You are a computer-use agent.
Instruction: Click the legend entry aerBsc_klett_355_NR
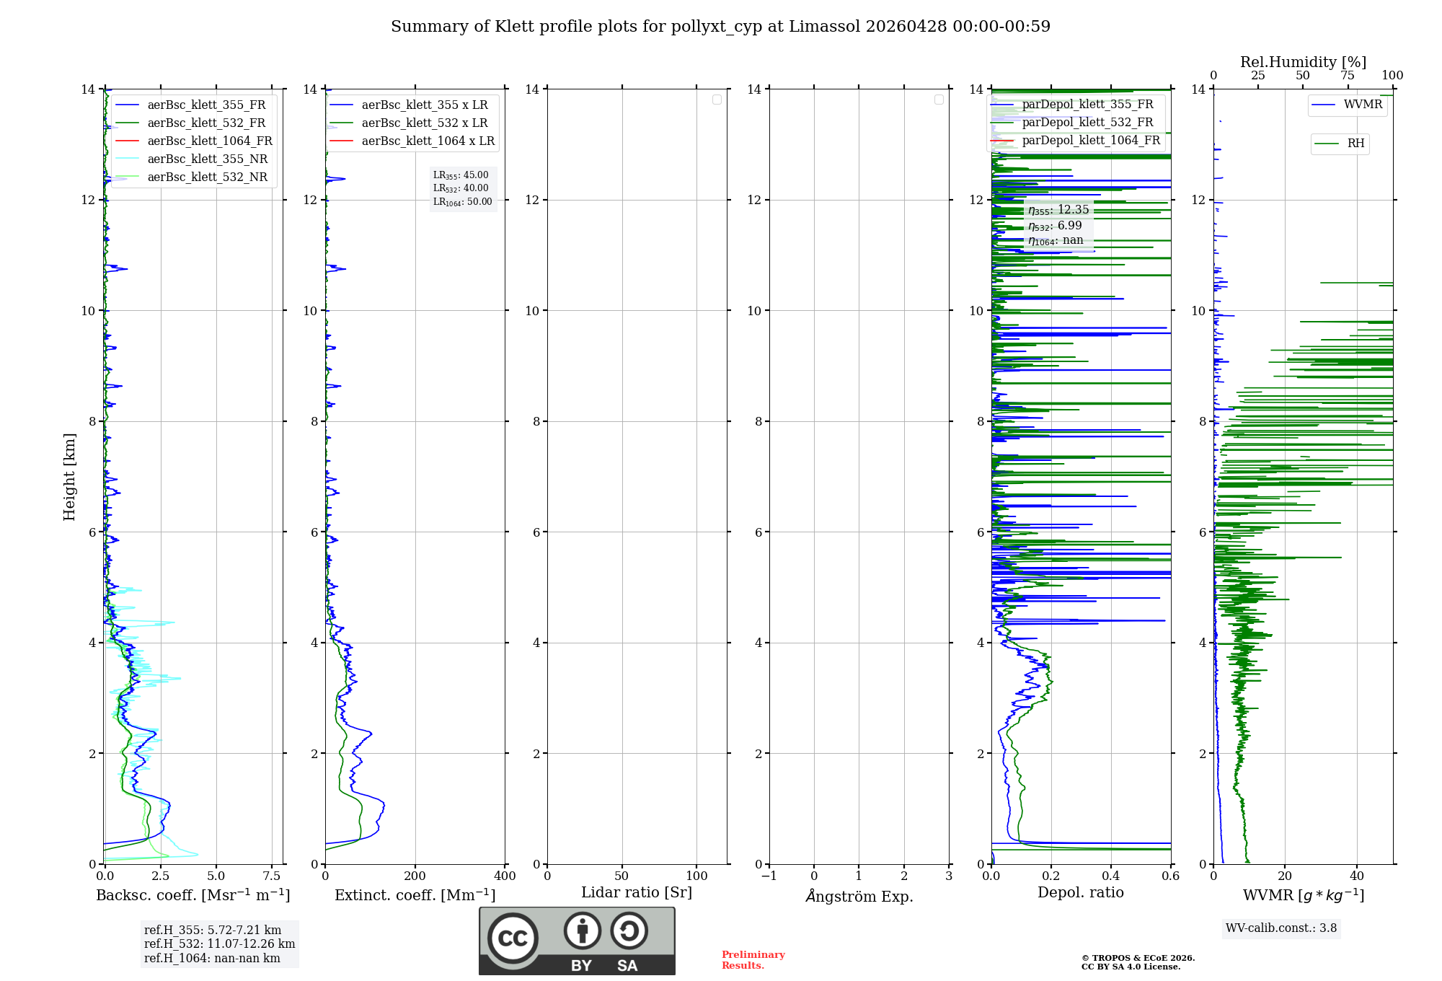207,159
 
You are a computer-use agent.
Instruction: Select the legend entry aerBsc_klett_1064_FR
209,141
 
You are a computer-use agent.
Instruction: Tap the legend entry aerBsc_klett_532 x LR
424,123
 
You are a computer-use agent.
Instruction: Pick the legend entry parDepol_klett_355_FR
1087,104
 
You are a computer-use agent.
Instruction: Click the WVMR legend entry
1363,105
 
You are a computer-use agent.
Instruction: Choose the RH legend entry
1355,144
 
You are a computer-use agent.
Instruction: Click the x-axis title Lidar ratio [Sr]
637,892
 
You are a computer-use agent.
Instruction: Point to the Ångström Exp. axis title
859,896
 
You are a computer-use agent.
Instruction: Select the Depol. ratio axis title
1080,892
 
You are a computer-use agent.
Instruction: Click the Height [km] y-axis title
69,477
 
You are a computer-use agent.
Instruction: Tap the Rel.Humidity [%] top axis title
1303,62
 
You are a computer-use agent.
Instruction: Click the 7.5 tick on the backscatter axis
272,876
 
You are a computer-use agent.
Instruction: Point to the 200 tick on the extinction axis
415,876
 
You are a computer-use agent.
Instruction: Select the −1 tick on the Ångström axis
769,876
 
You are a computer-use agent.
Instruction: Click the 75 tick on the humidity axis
1348,75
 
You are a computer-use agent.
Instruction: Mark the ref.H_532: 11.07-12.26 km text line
219,943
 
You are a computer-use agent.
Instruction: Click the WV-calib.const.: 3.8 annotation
1281,928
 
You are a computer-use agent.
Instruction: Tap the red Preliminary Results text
753,960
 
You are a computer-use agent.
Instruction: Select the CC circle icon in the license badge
513,938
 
